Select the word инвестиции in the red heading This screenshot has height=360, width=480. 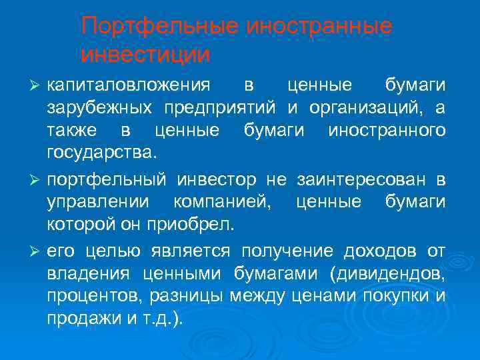[145, 54]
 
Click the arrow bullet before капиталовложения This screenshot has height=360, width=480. [37, 87]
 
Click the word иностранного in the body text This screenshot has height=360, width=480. [387, 131]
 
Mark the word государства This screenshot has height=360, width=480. [101, 154]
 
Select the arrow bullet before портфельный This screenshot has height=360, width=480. [37, 179]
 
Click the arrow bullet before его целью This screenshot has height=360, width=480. [37, 251]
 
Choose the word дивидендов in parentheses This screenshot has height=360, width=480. [397, 273]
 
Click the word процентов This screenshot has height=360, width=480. [91, 295]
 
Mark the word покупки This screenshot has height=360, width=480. [394, 295]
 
